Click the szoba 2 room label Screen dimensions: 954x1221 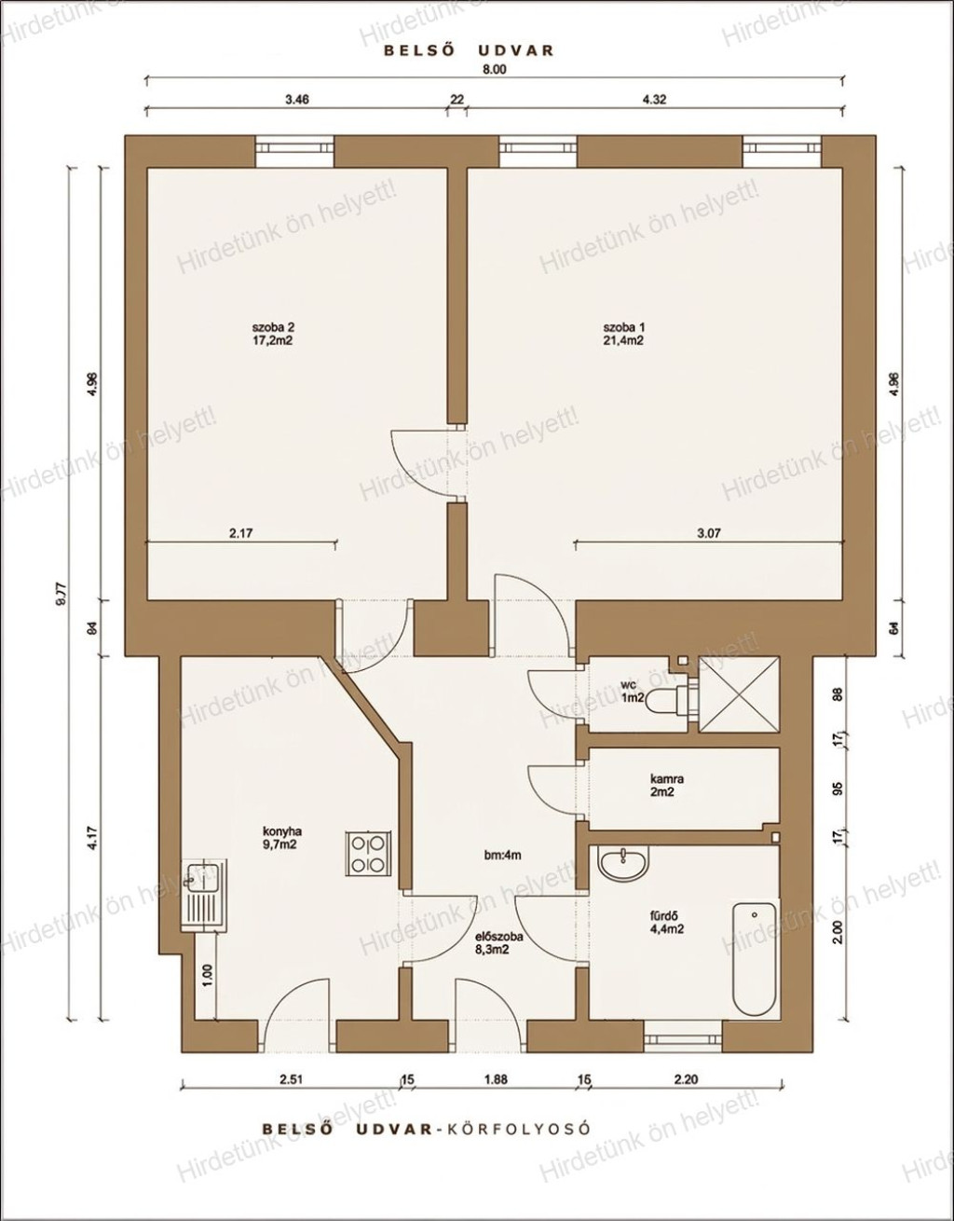pyautogui.click(x=273, y=334)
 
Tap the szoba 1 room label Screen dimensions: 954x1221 pyautogui.click(x=623, y=334)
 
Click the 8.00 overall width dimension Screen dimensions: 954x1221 pyautogui.click(x=494, y=69)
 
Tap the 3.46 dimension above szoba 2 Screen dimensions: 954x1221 pyautogui.click(x=297, y=100)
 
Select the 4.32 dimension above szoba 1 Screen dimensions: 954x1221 pyautogui.click(x=654, y=100)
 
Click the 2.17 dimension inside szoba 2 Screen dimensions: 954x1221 pyautogui.click(x=241, y=533)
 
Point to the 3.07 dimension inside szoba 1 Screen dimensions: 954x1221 pyautogui.click(x=709, y=533)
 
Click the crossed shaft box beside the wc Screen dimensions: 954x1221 pyautogui.click(x=739, y=694)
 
